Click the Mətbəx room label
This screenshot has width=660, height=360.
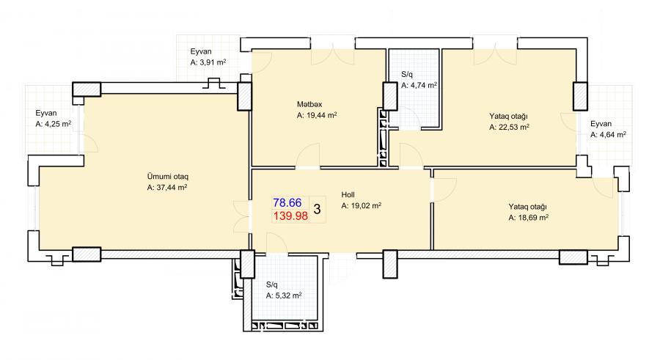(x=309, y=104)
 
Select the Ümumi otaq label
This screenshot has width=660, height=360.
(x=167, y=177)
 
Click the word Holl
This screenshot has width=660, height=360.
(x=348, y=195)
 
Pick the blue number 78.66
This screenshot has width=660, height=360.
(x=287, y=203)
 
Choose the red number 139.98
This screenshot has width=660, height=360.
(x=291, y=216)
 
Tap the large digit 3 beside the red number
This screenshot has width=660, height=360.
(x=318, y=209)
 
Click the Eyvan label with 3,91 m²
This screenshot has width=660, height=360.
(x=201, y=52)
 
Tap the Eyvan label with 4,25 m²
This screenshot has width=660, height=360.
(x=46, y=113)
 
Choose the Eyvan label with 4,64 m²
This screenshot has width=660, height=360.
(x=601, y=124)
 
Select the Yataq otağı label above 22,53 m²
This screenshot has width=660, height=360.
(x=508, y=116)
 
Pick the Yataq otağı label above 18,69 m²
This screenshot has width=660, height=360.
(x=527, y=207)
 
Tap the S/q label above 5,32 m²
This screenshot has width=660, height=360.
(x=271, y=285)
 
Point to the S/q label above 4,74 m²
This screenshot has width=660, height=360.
(x=406, y=75)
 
